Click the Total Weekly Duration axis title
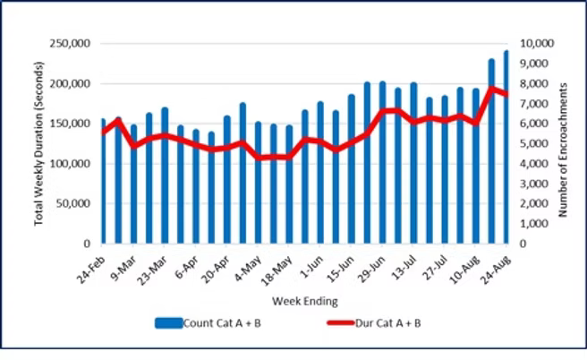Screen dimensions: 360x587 (40, 143)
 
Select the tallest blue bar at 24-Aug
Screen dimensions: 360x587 (506, 147)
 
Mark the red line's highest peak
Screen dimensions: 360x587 (491, 88)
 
